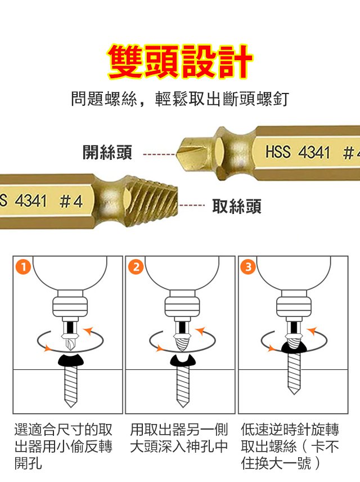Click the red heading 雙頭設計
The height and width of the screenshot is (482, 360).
pyautogui.click(x=180, y=62)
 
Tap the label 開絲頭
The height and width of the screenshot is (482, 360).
pyautogui.click(x=107, y=152)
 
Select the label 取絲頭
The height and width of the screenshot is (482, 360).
pyautogui.click(x=237, y=206)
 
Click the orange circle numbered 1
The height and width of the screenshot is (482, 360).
pyautogui.click(x=24, y=267)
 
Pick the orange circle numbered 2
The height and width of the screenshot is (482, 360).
pyautogui.click(x=136, y=267)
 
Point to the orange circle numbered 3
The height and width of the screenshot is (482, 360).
pyautogui.click(x=248, y=267)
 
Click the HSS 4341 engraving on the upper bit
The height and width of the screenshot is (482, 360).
pyautogui.click(x=298, y=152)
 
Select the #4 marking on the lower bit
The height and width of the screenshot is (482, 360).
pyautogui.click(x=71, y=202)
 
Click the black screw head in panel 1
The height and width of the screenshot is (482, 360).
pyautogui.click(x=71, y=360)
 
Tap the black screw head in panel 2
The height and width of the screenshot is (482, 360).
pyautogui.click(x=183, y=360)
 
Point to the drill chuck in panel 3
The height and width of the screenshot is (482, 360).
pyautogui.click(x=294, y=307)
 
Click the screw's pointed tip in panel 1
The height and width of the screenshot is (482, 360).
pyautogui.click(x=71, y=406)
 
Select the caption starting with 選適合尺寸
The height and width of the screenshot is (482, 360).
pyautogui.click(x=63, y=447)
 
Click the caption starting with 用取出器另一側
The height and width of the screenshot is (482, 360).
pyautogui.click(x=179, y=438)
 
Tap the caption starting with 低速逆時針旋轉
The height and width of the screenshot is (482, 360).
pyautogui.click(x=290, y=447)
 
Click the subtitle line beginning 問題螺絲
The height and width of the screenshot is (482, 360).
pyautogui.click(x=180, y=99)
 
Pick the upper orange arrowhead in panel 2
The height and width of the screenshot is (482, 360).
pyautogui.click(x=201, y=331)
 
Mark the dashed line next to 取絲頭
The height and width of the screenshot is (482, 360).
pyautogui.click(x=192, y=205)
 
